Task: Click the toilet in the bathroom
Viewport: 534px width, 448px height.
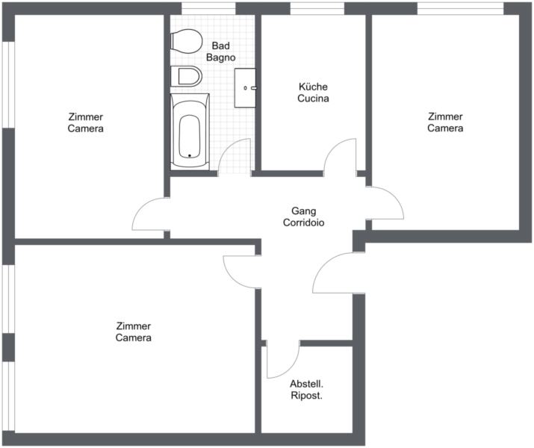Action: pyautogui.click(x=186, y=41)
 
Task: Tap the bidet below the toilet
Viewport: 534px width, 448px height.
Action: pyautogui.click(x=186, y=76)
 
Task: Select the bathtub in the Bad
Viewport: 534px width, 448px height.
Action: pyautogui.click(x=190, y=131)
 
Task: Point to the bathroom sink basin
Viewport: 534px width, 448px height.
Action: pyautogui.click(x=245, y=88)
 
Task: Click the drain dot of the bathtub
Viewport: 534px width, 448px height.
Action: pyautogui.click(x=190, y=156)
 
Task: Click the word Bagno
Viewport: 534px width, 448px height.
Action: pyautogui.click(x=220, y=57)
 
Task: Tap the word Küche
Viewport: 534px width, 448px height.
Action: pyautogui.click(x=313, y=87)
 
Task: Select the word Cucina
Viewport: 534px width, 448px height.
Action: pyautogui.click(x=313, y=99)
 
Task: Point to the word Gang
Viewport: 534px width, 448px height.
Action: pyautogui.click(x=304, y=211)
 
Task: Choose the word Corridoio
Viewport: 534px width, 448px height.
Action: pyautogui.click(x=304, y=223)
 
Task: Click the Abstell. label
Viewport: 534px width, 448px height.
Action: pyautogui.click(x=306, y=384)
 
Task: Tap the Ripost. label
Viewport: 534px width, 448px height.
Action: pyautogui.click(x=306, y=396)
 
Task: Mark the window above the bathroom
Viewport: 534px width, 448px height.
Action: pyautogui.click(x=208, y=8)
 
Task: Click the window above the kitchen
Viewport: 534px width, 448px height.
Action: pyautogui.click(x=317, y=8)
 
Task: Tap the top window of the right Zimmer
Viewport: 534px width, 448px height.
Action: pyautogui.click(x=461, y=8)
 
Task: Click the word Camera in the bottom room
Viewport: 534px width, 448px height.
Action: pyautogui.click(x=134, y=337)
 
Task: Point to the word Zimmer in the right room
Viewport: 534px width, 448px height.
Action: pyautogui.click(x=445, y=116)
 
